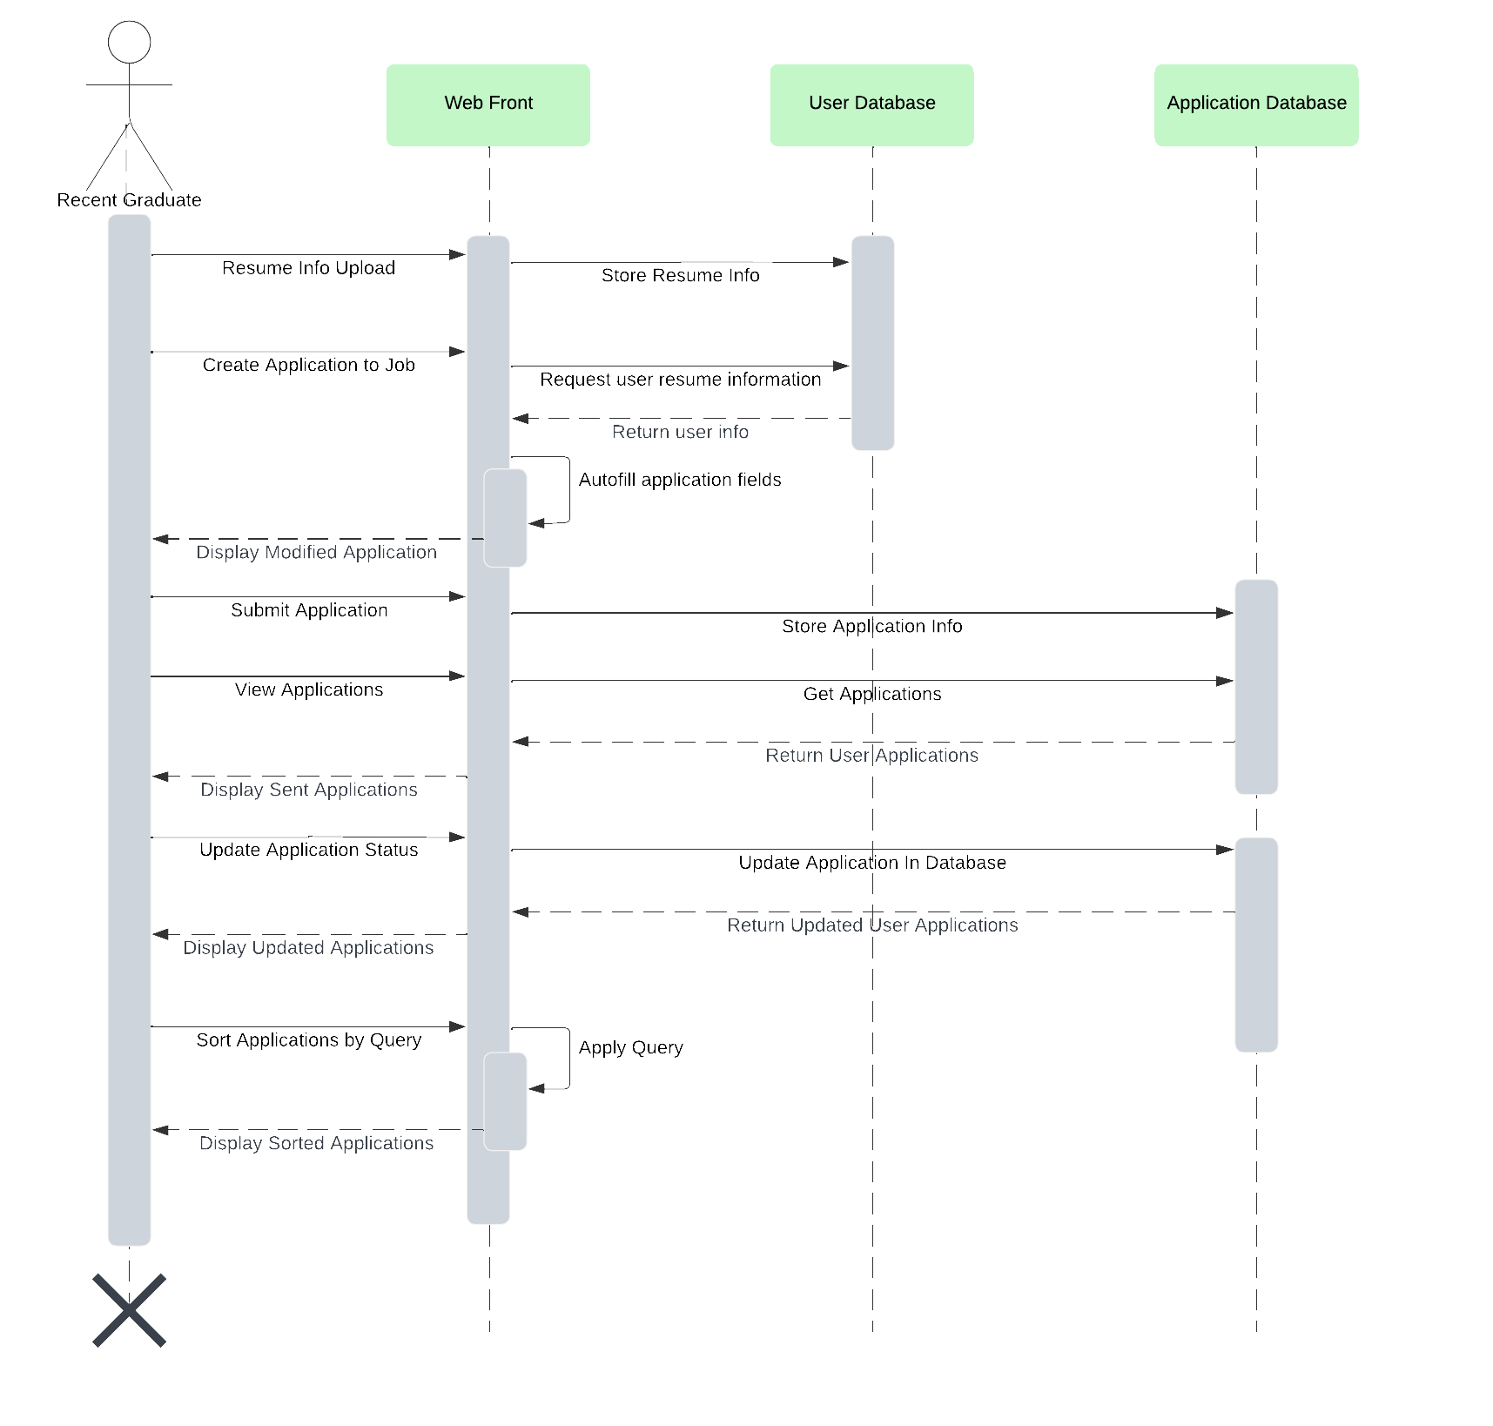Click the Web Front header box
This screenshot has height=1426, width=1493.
[x=488, y=104]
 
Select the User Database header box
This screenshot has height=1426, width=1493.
[x=871, y=104]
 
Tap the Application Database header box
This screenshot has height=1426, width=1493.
[x=1255, y=104]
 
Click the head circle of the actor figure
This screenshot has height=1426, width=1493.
[x=129, y=43]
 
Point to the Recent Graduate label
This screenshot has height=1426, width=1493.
[x=129, y=200]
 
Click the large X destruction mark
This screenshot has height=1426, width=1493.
[x=129, y=1310]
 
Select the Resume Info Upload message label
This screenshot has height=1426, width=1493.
[x=308, y=268]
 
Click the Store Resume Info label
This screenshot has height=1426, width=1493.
[x=680, y=276]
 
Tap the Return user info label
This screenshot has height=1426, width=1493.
[x=680, y=432]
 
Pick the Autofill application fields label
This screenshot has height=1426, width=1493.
[x=680, y=480]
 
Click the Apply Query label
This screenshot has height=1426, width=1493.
[x=630, y=1047]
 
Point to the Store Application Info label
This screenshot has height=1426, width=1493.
[x=871, y=626]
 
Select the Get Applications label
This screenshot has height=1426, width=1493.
[x=871, y=694]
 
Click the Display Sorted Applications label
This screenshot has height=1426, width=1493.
[x=316, y=1143]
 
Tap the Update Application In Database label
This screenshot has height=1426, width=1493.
[x=871, y=863]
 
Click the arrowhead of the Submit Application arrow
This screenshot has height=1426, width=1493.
[x=457, y=596]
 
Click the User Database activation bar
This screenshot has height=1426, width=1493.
[x=872, y=342]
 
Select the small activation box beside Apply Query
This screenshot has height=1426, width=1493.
[x=505, y=1101]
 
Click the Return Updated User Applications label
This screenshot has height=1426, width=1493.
[x=871, y=925]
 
